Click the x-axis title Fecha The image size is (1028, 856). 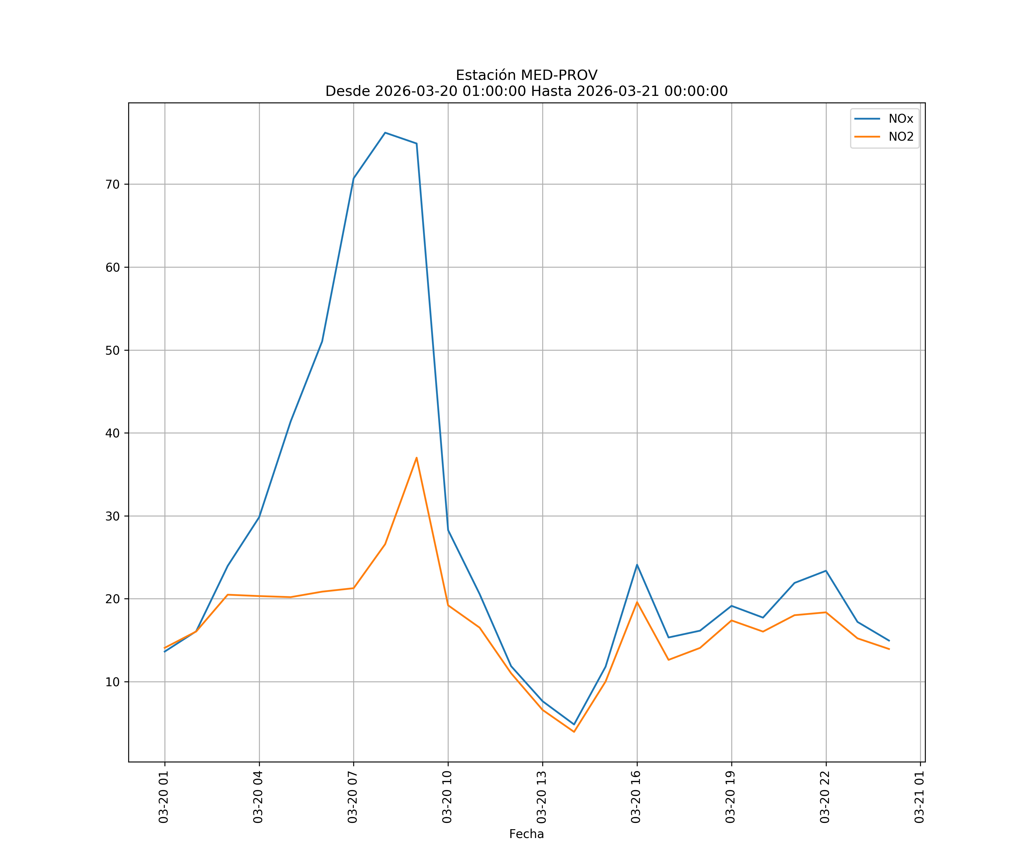(x=526, y=834)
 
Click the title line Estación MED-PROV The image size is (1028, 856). (x=526, y=75)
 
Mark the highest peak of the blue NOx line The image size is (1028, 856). (x=385, y=133)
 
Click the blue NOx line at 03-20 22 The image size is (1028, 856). (x=826, y=571)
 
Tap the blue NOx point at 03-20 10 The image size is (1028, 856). (x=448, y=530)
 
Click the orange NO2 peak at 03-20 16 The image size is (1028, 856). (x=637, y=602)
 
